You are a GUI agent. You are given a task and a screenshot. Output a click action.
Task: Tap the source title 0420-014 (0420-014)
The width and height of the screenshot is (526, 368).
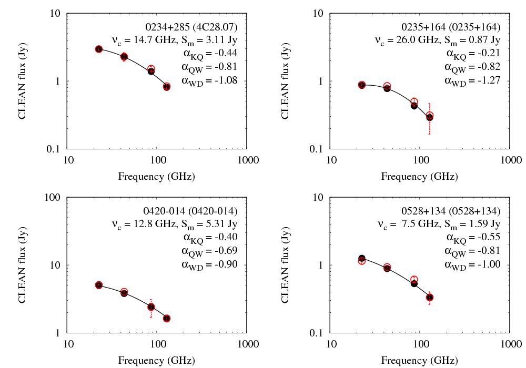click(x=191, y=211)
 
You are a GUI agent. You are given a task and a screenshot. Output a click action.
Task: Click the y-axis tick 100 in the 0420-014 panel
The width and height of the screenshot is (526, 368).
click(x=55, y=198)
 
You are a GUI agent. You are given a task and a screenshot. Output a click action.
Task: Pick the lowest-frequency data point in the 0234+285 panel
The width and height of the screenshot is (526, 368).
click(x=98, y=49)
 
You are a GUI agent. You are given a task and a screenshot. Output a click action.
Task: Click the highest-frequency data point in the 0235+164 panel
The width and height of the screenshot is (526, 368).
click(x=430, y=117)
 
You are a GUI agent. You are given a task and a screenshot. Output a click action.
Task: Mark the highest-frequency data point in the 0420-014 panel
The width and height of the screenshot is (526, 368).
click(x=167, y=318)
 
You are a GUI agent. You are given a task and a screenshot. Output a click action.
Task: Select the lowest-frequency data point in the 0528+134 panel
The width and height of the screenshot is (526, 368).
click(x=361, y=259)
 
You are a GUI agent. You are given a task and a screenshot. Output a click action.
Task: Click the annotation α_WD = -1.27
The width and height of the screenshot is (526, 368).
click(x=472, y=80)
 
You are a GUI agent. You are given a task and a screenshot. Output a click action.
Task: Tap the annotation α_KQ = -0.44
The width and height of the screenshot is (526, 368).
click(x=209, y=53)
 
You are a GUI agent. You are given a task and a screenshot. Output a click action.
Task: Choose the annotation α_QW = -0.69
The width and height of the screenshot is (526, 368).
click(x=209, y=251)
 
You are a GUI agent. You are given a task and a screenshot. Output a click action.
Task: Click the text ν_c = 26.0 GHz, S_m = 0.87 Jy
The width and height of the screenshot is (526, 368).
click(x=438, y=40)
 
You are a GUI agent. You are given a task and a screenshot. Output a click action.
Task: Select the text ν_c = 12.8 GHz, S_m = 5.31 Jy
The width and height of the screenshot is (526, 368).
click(x=175, y=224)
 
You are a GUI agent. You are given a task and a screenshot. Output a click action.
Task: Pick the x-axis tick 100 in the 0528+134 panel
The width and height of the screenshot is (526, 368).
click(x=420, y=344)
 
